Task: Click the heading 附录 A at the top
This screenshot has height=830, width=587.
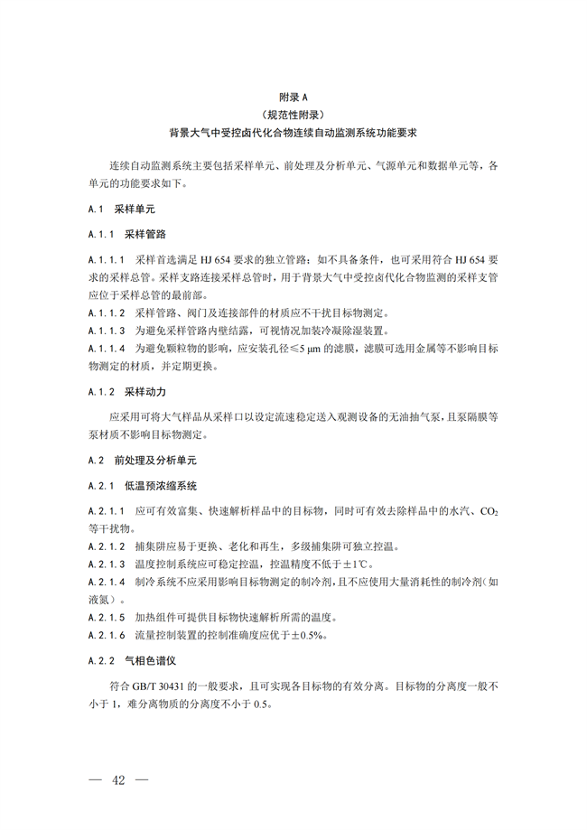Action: point(293,97)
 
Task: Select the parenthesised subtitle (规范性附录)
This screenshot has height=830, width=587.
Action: point(293,114)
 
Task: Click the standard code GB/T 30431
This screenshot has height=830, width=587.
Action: point(159,685)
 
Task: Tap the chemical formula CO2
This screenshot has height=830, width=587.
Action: point(489,511)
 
